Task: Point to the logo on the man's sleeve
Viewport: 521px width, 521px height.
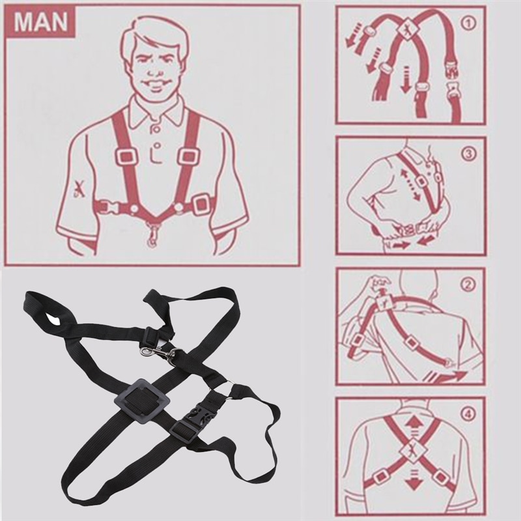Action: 79,190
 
